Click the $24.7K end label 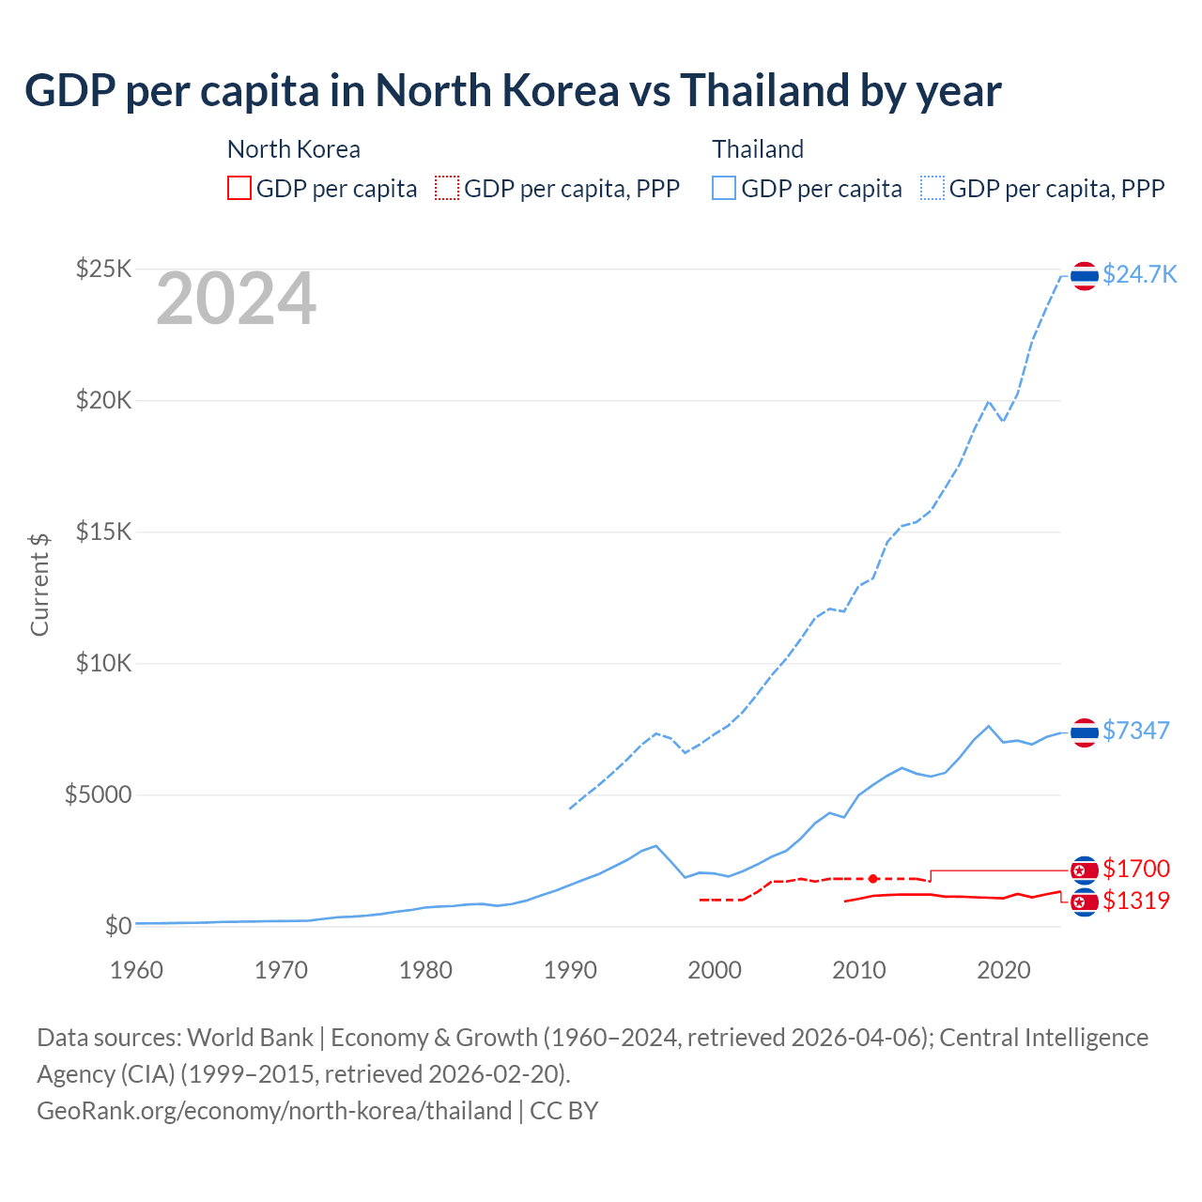tap(1139, 274)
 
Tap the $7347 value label tap(1135, 731)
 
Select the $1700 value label tap(1135, 869)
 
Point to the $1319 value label tap(1135, 901)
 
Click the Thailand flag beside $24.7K tap(1085, 275)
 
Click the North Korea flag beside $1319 tap(1085, 902)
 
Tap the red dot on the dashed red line tap(873, 878)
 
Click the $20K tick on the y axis tap(104, 401)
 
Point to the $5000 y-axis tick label tap(98, 795)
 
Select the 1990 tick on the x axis tap(570, 970)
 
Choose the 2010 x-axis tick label tap(859, 970)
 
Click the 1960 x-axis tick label tap(137, 970)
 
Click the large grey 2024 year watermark tap(236, 300)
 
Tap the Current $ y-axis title tap(39, 584)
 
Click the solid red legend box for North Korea tap(239, 188)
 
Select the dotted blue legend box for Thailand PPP tap(932, 188)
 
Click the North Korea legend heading tap(294, 149)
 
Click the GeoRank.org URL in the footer tap(274, 1111)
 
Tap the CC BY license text tap(563, 1111)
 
